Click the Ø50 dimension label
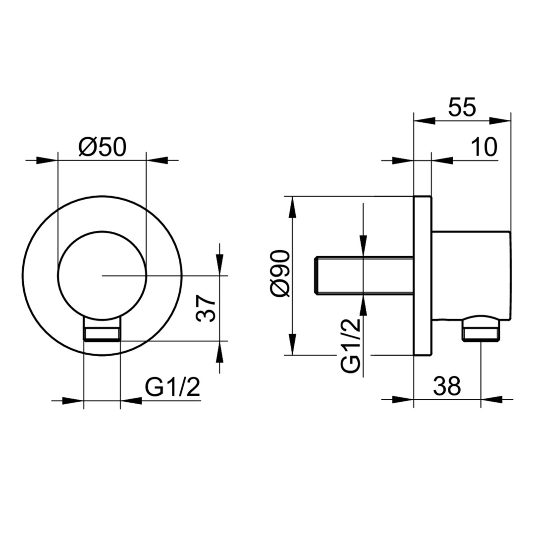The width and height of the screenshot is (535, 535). (103, 147)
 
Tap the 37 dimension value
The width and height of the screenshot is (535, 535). (206, 309)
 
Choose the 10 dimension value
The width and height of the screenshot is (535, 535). (484, 147)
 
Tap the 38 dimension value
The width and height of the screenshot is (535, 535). (447, 386)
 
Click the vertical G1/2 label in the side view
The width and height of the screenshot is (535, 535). (351, 345)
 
